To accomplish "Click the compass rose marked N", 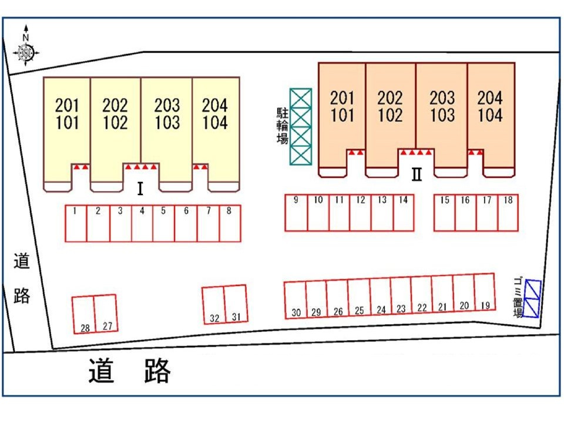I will click(25, 51).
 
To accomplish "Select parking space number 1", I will click(76, 223).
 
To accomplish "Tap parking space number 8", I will click(230, 223).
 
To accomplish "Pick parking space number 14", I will click(403, 213).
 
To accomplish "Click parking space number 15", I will click(445, 213).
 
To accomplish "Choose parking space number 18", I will click(508, 213).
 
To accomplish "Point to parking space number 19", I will click(485, 294).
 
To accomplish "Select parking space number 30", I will click(296, 300).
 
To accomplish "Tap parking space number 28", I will click(84, 315).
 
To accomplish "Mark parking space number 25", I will click(359, 298).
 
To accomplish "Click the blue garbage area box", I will click(532, 298).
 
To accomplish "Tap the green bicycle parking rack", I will click(301, 127).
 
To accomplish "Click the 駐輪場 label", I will click(283, 127).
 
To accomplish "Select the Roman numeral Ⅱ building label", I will click(417, 174).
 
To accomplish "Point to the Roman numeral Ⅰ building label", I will click(140, 189).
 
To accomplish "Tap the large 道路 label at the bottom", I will click(130, 371).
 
